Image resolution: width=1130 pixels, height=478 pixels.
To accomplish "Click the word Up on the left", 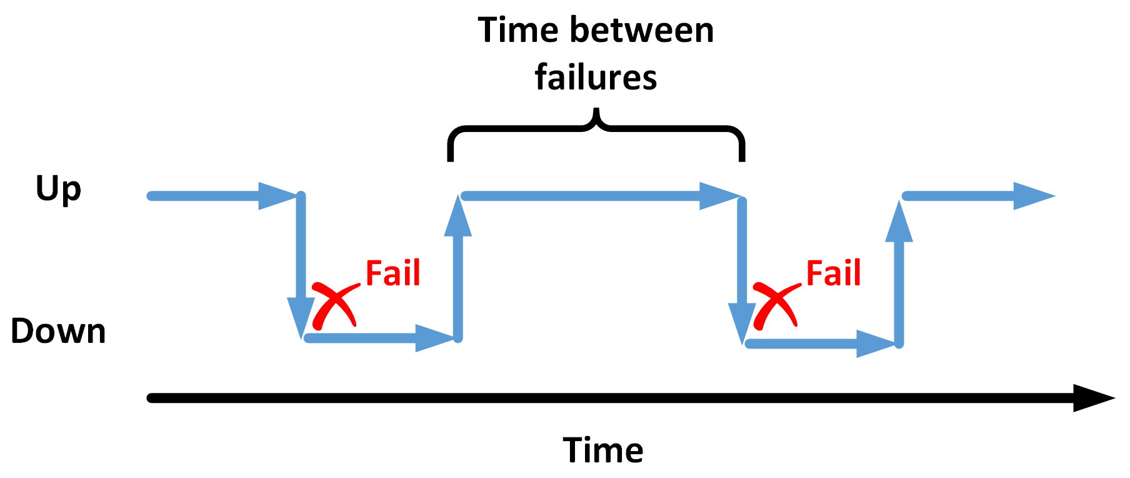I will tap(58, 189).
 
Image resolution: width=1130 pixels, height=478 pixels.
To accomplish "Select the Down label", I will tap(58, 331).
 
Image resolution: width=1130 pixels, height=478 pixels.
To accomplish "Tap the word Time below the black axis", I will tap(602, 450).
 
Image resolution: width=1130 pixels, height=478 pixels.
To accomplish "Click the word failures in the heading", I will tap(596, 78).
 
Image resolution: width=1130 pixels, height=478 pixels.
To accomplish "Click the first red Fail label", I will tap(392, 273).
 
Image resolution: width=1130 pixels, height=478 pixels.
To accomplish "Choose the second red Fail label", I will tap(833, 273).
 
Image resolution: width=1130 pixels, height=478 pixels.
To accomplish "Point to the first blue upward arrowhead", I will tap(458, 216).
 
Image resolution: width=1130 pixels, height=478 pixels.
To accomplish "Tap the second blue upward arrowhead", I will tap(899, 221).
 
